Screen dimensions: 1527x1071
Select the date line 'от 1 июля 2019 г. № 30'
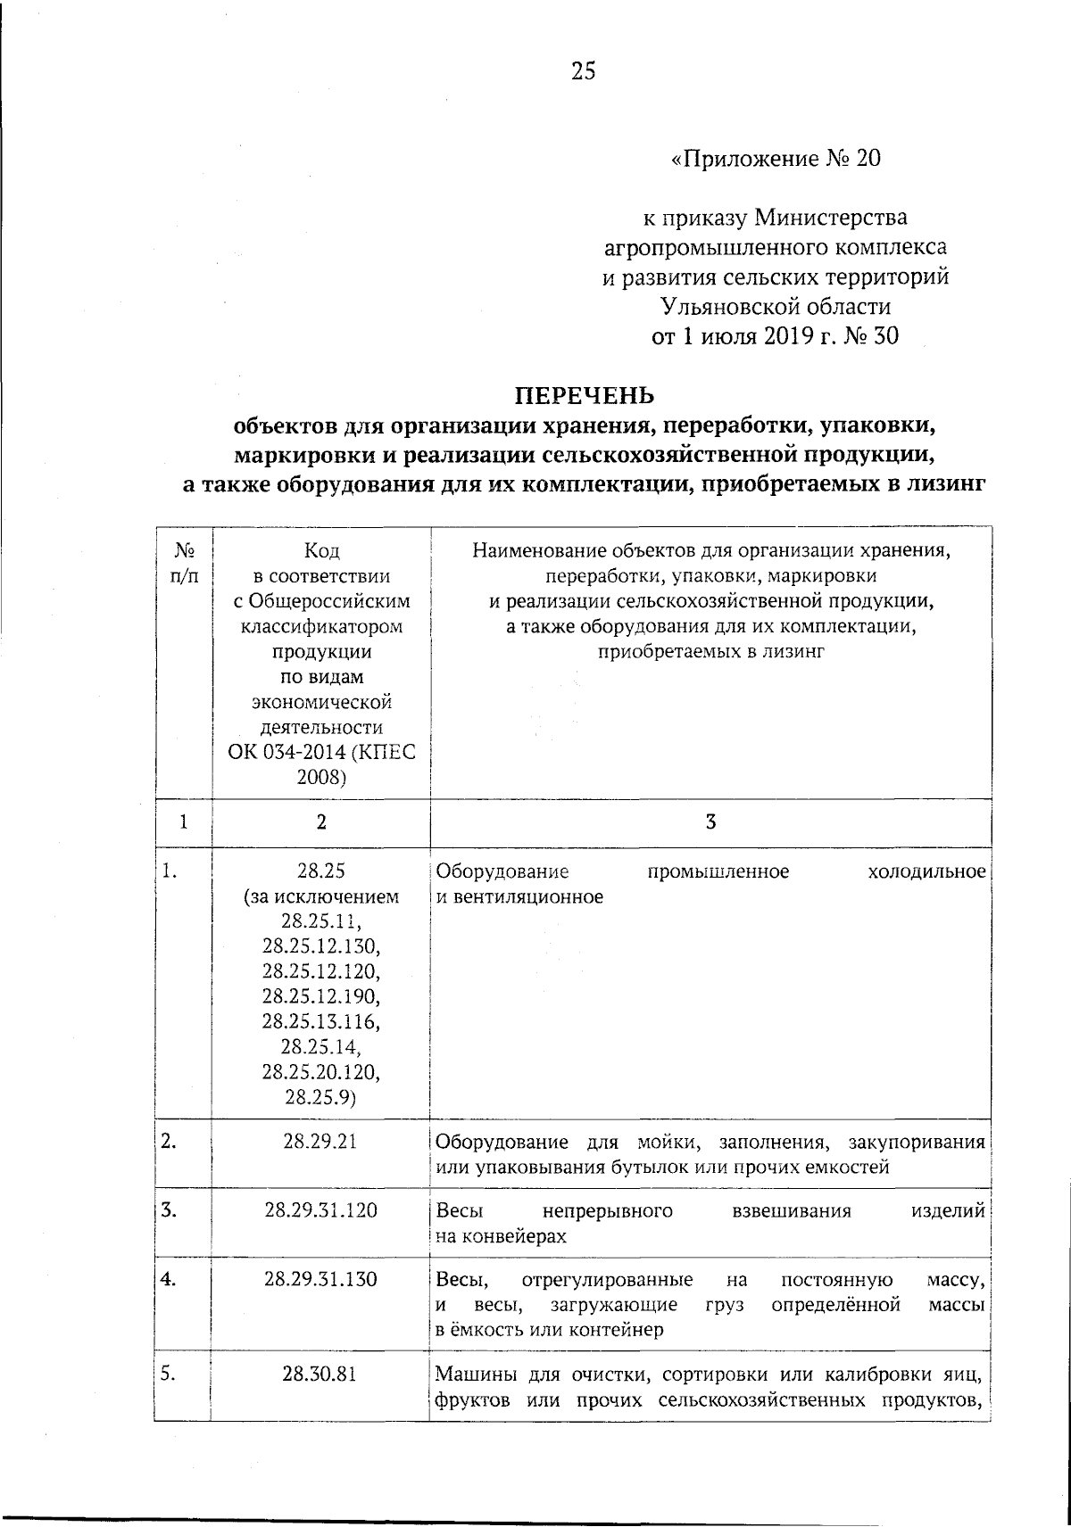(774, 336)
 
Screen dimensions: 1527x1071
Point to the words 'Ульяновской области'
(775, 307)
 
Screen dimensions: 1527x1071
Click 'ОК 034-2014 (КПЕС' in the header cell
(320, 752)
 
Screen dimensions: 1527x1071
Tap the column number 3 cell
(710, 823)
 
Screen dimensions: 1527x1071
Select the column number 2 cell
(320, 823)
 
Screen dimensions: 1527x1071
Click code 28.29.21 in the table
(320, 1141)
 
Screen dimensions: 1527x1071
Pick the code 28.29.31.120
(320, 1210)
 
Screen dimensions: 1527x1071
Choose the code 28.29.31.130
(320, 1279)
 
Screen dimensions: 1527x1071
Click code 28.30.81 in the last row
(320, 1374)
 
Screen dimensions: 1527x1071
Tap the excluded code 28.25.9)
(320, 1097)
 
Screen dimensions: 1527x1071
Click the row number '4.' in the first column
(168, 1279)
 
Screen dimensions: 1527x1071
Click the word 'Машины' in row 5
(471, 1374)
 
